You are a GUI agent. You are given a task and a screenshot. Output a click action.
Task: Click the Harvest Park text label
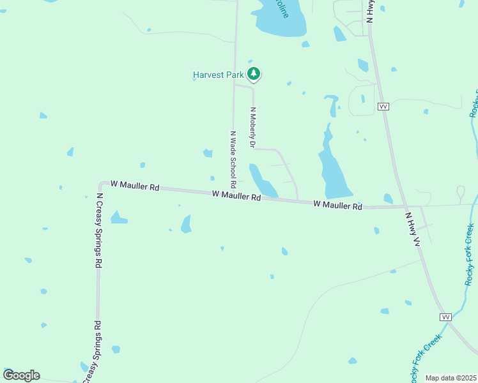(x=219, y=75)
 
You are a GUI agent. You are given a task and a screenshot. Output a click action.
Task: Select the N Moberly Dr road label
(x=252, y=128)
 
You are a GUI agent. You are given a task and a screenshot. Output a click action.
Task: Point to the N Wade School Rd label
(x=233, y=155)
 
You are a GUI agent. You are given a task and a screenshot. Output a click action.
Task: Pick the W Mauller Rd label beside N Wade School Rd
(x=236, y=195)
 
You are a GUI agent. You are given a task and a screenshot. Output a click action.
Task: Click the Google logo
(x=21, y=375)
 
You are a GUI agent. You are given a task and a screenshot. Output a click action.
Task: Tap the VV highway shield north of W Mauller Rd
(x=383, y=107)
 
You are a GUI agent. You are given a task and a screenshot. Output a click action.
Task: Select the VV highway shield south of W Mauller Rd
(x=445, y=317)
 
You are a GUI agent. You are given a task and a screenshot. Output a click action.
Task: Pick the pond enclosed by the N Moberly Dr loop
(x=262, y=181)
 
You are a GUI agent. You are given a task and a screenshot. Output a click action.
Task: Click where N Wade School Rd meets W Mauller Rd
(x=234, y=193)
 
